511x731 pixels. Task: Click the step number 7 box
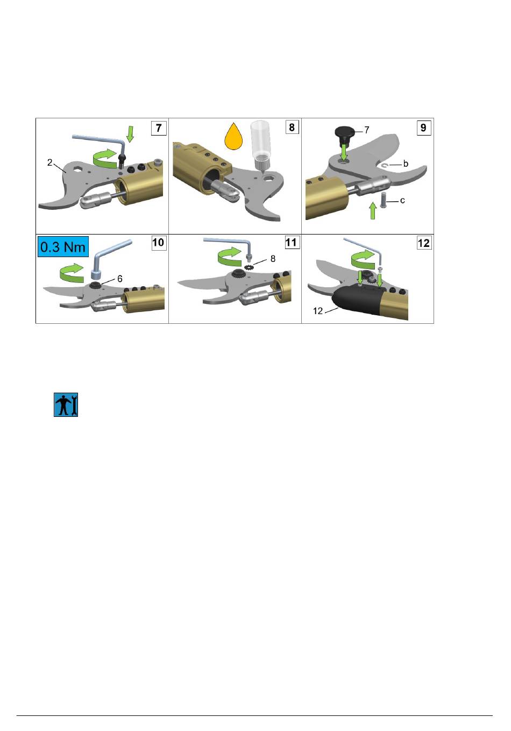159,128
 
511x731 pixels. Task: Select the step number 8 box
292,127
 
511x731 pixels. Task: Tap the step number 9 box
423,127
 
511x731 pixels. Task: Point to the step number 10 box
159,243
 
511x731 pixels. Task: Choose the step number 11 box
292,242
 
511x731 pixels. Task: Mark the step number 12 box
424,243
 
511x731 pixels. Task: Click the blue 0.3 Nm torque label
63,247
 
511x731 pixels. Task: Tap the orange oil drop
233,137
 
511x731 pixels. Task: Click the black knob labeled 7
345,135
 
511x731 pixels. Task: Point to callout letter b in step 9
405,164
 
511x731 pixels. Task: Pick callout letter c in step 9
402,201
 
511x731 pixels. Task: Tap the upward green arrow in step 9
373,210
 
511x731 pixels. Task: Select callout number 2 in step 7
49,162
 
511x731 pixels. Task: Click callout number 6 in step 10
120,279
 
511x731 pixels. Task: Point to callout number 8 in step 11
273,259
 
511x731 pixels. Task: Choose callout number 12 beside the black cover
318,311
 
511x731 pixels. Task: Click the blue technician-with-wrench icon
66,404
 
